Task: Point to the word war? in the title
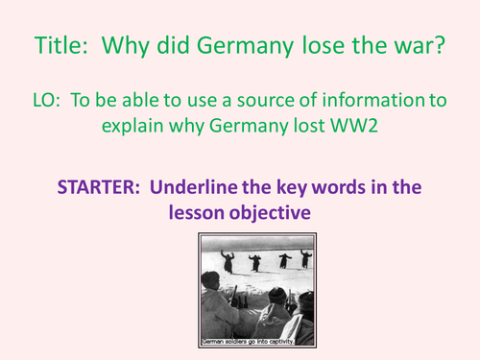(417, 44)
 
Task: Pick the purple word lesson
(203, 212)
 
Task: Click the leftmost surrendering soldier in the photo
(228, 260)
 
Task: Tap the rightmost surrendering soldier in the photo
(304, 258)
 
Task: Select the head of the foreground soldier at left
(209, 280)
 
